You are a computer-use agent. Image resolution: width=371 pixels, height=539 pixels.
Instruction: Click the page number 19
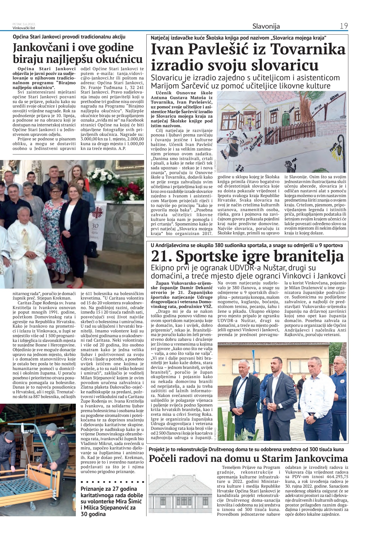click(x=344, y=26)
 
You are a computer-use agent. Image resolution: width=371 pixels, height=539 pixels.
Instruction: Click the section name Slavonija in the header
click(x=266, y=26)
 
